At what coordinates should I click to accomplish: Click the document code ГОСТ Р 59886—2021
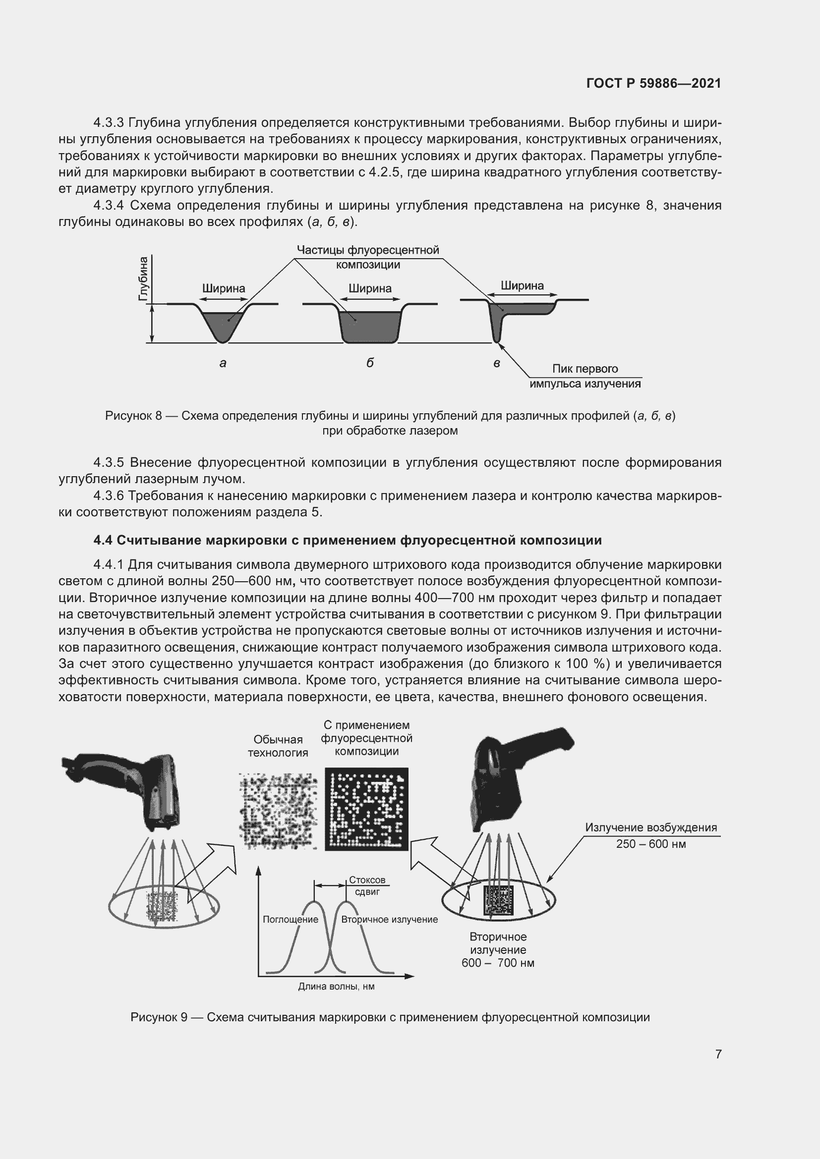[x=653, y=83]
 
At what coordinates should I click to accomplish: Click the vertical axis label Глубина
[x=143, y=279]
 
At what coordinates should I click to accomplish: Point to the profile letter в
[x=497, y=363]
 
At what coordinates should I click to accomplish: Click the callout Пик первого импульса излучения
[x=585, y=376]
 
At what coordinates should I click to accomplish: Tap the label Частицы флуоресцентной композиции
[x=367, y=257]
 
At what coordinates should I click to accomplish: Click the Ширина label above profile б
[x=370, y=288]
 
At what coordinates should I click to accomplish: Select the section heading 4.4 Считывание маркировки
[x=348, y=541]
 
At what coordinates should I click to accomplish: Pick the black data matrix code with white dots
[x=366, y=809]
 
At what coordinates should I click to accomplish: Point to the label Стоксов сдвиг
[x=367, y=885]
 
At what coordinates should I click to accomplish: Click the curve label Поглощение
[x=291, y=919]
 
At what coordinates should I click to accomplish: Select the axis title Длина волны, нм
[x=336, y=987]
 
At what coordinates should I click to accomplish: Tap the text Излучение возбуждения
[x=650, y=828]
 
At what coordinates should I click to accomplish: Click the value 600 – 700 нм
[x=497, y=963]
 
